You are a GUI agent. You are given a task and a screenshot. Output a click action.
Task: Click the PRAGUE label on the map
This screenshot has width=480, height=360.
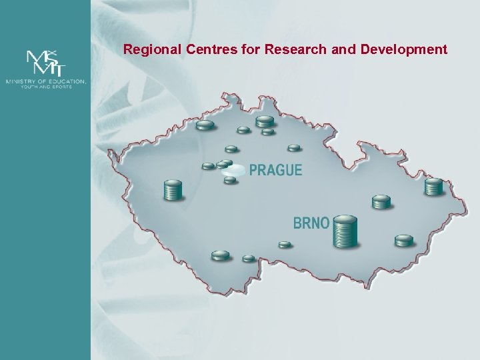(275, 170)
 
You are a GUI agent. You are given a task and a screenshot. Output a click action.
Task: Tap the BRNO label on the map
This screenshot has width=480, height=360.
(311, 223)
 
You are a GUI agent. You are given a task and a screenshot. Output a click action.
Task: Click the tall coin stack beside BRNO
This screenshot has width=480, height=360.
(345, 231)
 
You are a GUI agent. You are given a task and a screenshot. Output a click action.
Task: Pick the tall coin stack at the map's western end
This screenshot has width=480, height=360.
(173, 190)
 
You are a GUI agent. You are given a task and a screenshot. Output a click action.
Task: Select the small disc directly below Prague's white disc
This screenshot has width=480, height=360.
(230, 180)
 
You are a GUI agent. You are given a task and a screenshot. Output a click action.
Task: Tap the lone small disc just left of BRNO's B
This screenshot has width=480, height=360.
(285, 245)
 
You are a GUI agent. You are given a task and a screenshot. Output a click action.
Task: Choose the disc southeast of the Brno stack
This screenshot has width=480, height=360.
(404, 240)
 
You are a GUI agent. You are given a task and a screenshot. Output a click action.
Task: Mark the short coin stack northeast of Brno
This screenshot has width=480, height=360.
(381, 201)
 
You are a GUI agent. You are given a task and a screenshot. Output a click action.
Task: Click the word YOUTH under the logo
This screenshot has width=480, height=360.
(33, 87)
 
